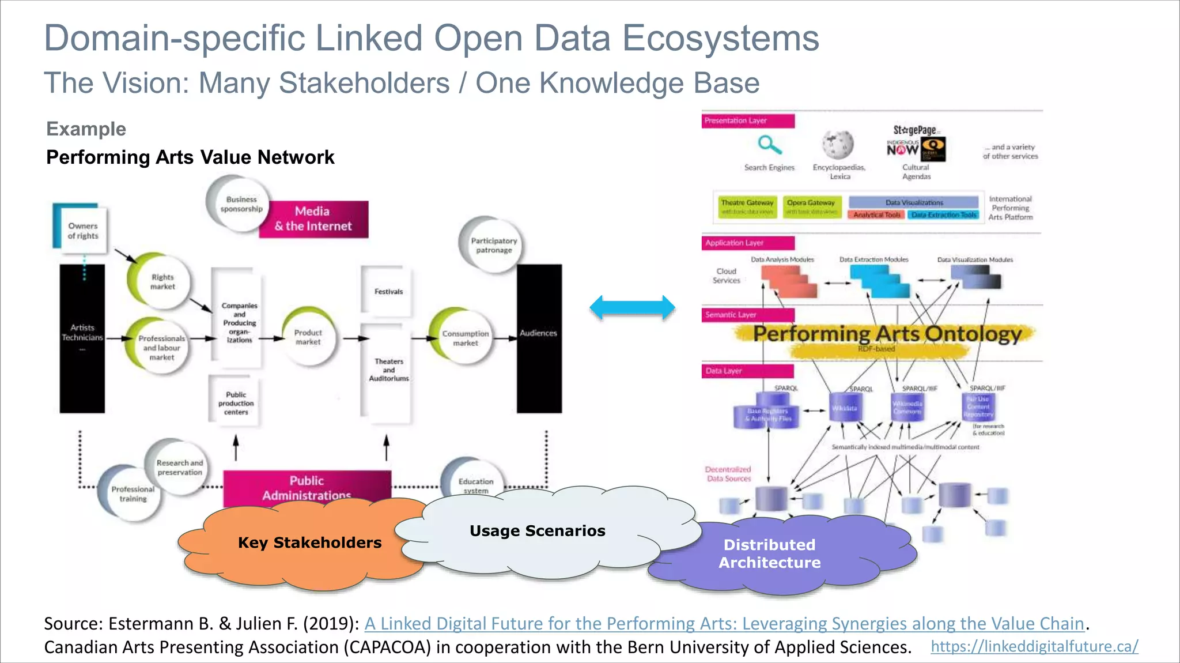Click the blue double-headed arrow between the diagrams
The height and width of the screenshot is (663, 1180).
[632, 307]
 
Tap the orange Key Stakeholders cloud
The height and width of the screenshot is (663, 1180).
[309, 543]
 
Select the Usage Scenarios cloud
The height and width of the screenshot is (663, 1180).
[537, 530]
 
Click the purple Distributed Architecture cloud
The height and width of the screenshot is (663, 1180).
[769, 553]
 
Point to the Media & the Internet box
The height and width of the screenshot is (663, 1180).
[313, 219]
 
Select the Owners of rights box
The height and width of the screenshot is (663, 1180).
[82, 231]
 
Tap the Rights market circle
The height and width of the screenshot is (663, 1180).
[162, 282]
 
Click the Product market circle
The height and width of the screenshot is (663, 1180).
[308, 337]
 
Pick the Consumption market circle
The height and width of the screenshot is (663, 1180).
[465, 338]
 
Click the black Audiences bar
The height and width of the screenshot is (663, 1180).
[539, 338]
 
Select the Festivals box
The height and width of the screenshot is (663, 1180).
[388, 292]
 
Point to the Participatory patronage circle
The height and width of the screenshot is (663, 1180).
[493, 246]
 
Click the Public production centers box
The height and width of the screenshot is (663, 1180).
[236, 403]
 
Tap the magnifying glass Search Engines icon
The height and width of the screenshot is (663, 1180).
[769, 145]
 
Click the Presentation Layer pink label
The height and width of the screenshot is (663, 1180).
[747, 121]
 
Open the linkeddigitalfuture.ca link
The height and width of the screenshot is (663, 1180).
[1034, 646]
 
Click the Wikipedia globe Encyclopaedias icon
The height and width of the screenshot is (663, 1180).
[838, 144]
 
